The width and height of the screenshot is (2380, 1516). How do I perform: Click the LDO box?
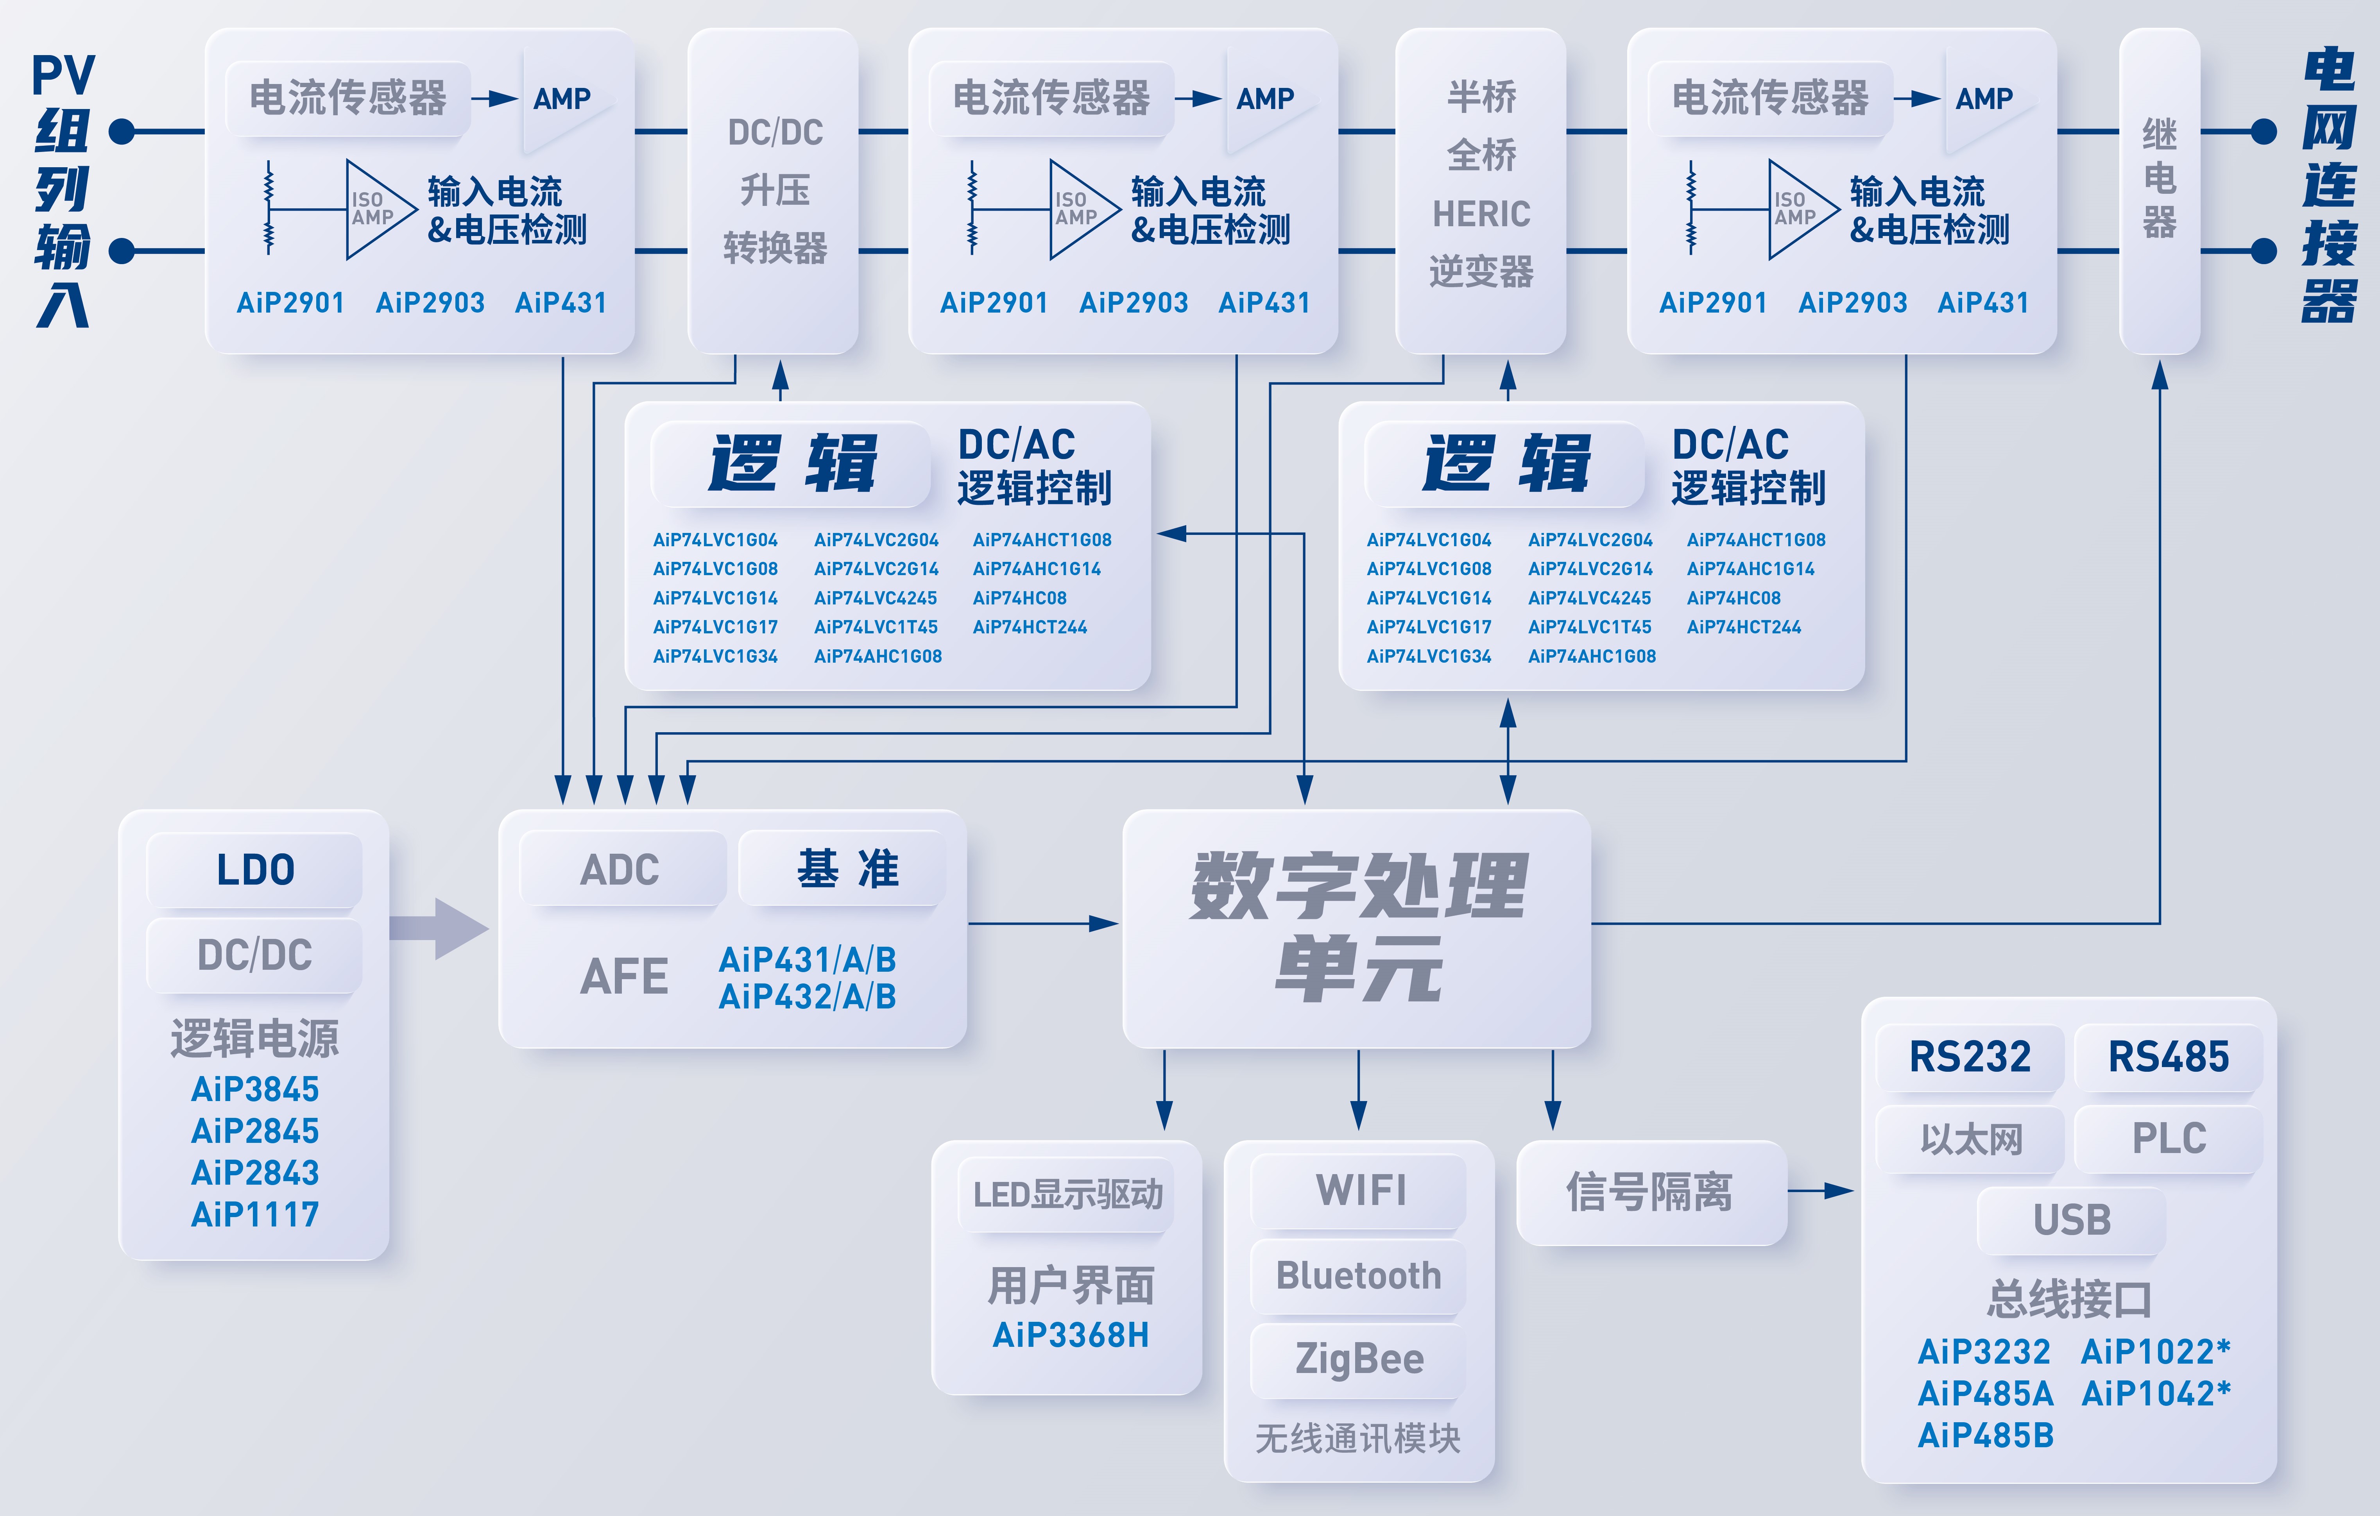pyautogui.click(x=255, y=870)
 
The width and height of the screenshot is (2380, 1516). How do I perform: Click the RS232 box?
pyautogui.click(x=1970, y=1057)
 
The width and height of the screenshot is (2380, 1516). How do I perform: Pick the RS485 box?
pyautogui.click(x=2169, y=1057)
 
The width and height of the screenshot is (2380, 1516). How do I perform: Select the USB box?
pyautogui.click(x=2072, y=1219)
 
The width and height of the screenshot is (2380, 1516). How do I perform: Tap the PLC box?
pyautogui.click(x=2169, y=1139)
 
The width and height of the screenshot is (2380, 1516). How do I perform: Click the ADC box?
pyautogui.click(x=621, y=870)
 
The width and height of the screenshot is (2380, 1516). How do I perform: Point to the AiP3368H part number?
pyautogui.click(x=1071, y=1335)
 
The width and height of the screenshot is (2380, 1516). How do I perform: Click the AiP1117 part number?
pyautogui.click(x=255, y=1215)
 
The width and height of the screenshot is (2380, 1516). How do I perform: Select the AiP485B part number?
pyautogui.click(x=1986, y=1435)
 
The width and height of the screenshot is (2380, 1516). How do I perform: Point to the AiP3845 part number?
pyautogui.click(x=255, y=1089)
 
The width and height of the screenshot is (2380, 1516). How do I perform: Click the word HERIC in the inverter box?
pyautogui.click(x=1481, y=213)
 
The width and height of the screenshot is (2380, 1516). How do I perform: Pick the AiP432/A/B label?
pyautogui.click(x=808, y=996)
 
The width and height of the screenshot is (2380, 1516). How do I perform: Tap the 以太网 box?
pyautogui.click(x=1970, y=1139)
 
